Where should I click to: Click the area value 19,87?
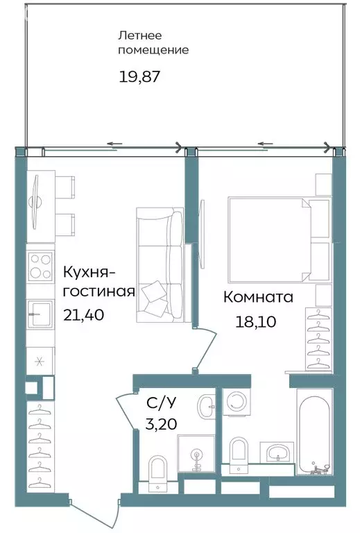(x=139, y=76)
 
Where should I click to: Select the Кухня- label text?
(x=90, y=271)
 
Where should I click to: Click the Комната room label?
(x=258, y=297)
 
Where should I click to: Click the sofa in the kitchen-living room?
(x=159, y=266)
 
